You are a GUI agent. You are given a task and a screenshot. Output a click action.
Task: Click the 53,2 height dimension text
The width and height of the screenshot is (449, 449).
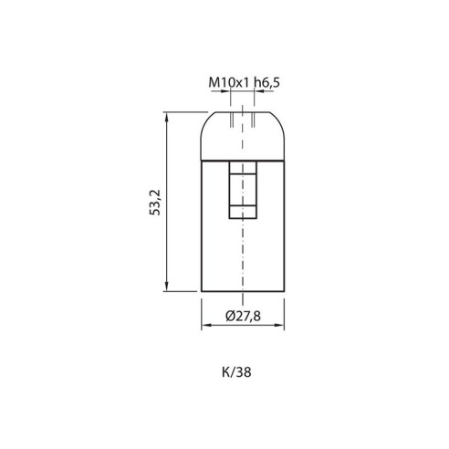coord(155,203)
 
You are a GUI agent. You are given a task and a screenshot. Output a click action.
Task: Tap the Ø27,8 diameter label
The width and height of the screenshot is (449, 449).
coord(243,316)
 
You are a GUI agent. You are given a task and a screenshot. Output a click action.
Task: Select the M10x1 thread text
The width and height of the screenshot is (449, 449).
coord(229,82)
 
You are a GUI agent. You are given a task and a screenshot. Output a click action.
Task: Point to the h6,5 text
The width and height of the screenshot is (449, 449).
coord(267,83)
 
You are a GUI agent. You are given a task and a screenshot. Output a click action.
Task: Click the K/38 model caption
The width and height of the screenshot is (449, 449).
coord(236,372)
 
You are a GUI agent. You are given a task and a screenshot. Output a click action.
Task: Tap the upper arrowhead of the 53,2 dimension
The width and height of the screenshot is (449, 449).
coord(166,117)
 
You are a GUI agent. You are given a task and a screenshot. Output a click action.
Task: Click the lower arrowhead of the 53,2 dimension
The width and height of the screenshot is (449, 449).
coord(166,287)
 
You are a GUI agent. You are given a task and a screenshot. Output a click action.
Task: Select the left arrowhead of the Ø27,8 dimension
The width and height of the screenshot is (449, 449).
coord(206,325)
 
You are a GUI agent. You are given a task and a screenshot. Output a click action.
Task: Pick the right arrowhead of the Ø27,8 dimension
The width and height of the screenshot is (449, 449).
coord(279,325)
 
